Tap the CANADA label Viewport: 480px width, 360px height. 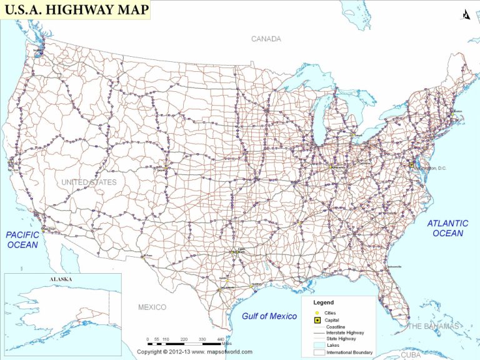pyautogui.click(x=266, y=39)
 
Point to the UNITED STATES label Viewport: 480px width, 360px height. pyautogui.click(x=89, y=182)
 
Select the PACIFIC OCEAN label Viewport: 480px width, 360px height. pyautogui.click(x=22, y=239)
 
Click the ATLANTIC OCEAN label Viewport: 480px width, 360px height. pyautogui.click(x=447, y=228)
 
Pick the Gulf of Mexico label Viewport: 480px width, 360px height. pyautogui.click(x=269, y=316)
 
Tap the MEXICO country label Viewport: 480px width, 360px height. pyautogui.click(x=152, y=307)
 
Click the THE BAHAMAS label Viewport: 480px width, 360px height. pyautogui.click(x=432, y=326)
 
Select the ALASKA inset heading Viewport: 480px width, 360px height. pyautogui.click(x=62, y=279)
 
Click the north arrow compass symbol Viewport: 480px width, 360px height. pyautogui.click(x=466, y=14)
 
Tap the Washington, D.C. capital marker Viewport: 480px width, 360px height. pyautogui.click(x=411, y=164)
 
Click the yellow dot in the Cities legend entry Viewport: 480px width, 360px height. pyautogui.click(x=317, y=312)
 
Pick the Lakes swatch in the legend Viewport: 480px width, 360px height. pyautogui.click(x=319, y=345)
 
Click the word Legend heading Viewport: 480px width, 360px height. pyautogui.click(x=323, y=302)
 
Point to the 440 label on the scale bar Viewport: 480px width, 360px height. pyautogui.click(x=221, y=339)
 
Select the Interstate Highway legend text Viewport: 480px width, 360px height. pyautogui.click(x=344, y=332)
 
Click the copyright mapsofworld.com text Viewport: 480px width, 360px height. pyautogui.click(x=194, y=352)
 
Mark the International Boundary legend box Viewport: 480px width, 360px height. pyautogui.click(x=319, y=352)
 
